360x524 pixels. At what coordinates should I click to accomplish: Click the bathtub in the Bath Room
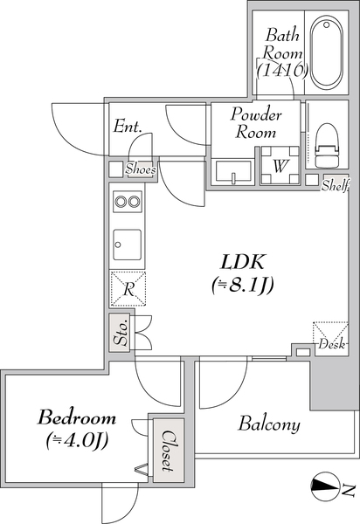326,52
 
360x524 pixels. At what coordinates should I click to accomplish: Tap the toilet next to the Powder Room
328,145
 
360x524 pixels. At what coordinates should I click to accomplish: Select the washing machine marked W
280,165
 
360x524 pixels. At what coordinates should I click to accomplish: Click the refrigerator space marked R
128,289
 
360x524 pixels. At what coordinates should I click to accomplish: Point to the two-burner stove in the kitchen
128,201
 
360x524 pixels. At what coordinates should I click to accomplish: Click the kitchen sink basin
127,245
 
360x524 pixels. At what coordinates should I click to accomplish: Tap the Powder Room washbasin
233,173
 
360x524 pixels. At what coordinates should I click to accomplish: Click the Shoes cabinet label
141,169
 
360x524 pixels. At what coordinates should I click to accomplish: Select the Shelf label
336,185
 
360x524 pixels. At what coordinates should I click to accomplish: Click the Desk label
331,344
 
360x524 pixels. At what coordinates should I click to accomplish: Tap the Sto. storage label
121,334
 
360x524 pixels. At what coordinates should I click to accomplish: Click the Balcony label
269,424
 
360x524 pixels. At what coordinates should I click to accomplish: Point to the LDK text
243,262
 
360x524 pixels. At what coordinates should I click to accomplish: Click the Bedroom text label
77,417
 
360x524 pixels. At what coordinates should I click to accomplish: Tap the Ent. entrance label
128,127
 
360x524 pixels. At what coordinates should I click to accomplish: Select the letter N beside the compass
349,490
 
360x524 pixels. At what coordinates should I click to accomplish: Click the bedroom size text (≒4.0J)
77,441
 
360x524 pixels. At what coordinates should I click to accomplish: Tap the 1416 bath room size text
281,70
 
